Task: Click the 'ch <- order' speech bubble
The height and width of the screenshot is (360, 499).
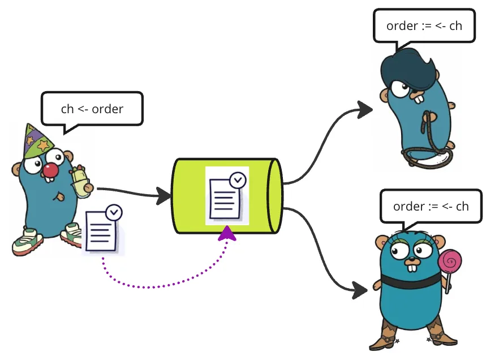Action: click(92, 109)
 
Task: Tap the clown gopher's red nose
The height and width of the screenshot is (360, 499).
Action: click(51, 170)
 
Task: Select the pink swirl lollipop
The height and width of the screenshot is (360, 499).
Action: click(451, 261)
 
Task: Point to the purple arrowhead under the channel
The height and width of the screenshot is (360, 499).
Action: click(227, 233)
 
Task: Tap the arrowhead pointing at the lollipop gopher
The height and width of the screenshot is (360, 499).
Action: click(362, 291)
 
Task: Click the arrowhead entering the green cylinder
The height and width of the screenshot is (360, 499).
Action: click(165, 196)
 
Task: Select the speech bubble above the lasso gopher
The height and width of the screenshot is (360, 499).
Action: click(424, 26)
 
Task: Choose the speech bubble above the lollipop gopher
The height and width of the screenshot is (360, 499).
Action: click(431, 206)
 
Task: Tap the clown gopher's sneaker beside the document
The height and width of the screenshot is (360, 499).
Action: click(72, 234)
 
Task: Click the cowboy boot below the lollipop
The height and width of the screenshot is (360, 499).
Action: click(441, 333)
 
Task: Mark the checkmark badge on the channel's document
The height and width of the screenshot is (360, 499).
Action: click(238, 180)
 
